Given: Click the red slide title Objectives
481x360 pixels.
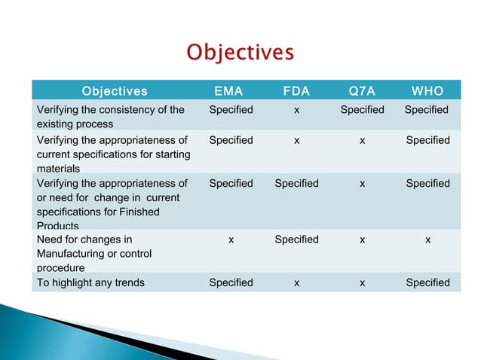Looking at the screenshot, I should tap(240, 53).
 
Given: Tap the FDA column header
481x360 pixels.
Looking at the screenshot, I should tap(296, 92).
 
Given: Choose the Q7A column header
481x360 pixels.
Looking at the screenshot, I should tap(362, 92).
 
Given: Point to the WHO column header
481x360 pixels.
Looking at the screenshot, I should tap(427, 92).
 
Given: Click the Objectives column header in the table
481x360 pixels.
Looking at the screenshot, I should tap(115, 92).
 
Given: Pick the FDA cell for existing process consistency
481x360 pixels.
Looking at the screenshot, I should tap(297, 110).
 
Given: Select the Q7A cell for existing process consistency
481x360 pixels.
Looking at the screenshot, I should tap(362, 110).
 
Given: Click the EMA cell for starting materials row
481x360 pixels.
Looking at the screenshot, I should tap(231, 140).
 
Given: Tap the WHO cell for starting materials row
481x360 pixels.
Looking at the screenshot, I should tap(427, 140).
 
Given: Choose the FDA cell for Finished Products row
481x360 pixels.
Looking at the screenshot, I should tap(296, 183).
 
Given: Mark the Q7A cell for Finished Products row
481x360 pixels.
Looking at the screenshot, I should tap(363, 183).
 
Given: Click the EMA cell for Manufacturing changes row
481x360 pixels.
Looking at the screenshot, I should tap(231, 239).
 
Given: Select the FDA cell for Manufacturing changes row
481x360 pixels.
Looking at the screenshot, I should tap(296, 239).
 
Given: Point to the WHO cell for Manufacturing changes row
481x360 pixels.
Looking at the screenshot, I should tap(427, 239).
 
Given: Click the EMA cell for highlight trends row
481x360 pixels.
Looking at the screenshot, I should tap(231, 282).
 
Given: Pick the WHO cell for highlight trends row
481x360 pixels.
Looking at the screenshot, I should tap(427, 282).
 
